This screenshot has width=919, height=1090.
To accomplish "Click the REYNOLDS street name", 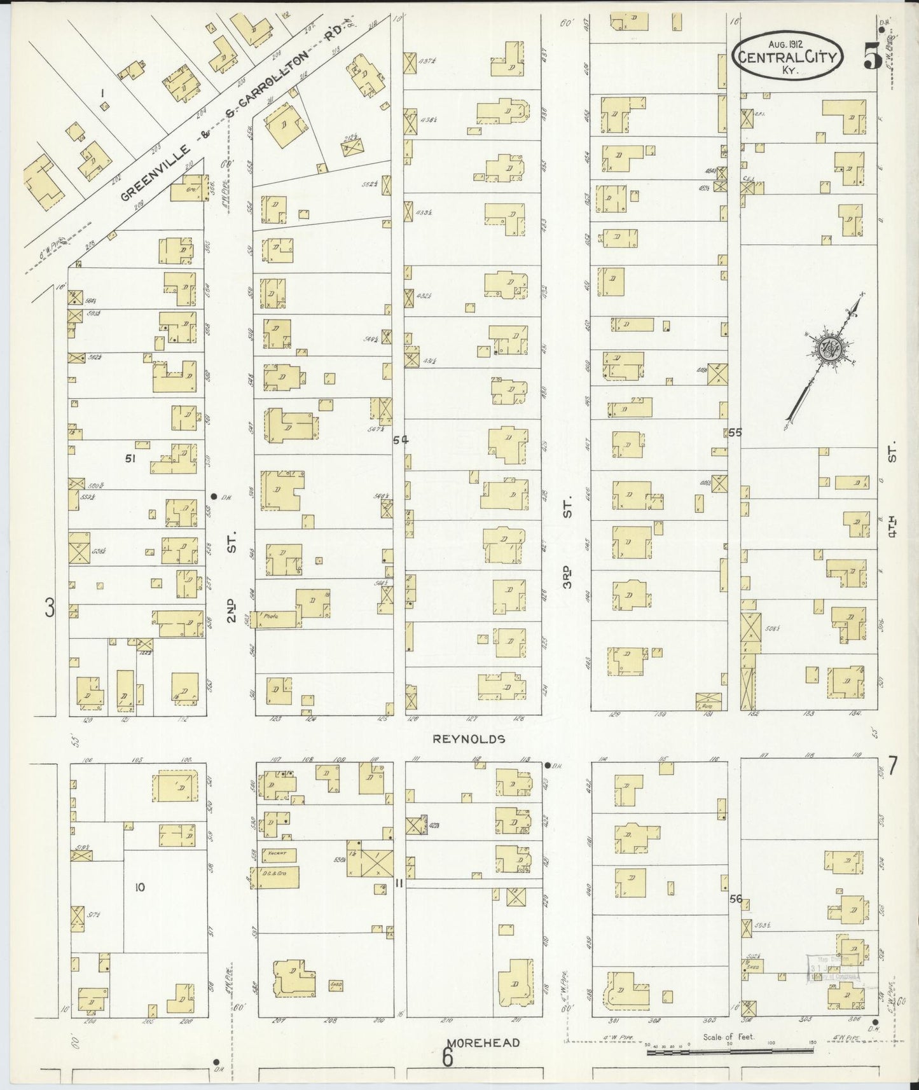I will tap(469, 739).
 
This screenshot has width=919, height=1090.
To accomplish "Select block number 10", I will tap(140, 886).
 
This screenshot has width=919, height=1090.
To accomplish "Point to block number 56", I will tap(736, 899).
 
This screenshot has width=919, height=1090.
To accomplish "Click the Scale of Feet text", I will tap(728, 1037).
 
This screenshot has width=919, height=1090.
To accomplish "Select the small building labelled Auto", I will tap(708, 701).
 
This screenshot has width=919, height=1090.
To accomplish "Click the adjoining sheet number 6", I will tap(448, 1059).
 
